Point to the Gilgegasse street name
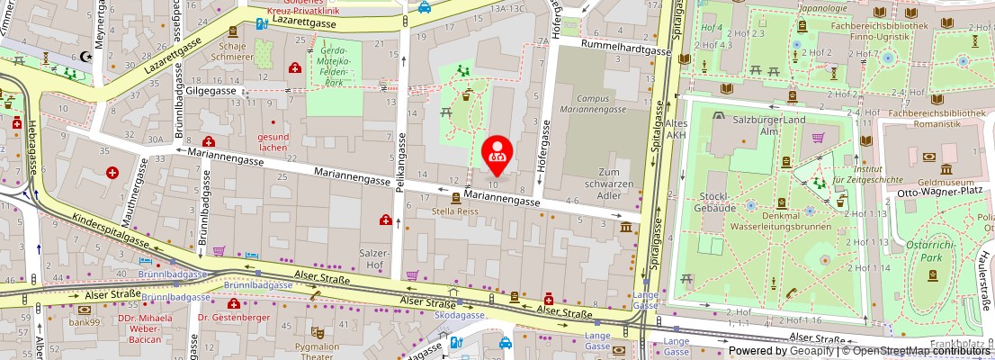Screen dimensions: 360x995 (212, 91)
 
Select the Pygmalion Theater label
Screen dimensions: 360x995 (317, 351)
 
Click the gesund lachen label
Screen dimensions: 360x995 (272, 142)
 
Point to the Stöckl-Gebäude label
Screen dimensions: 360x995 (716, 202)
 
